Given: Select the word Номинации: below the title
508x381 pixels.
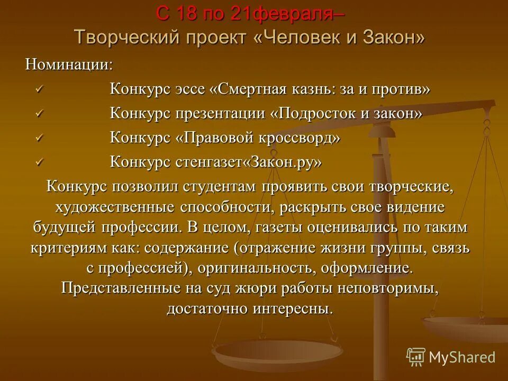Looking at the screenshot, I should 69,65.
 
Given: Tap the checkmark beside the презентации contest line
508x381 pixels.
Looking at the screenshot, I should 38,113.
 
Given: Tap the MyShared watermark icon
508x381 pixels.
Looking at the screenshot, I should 416,357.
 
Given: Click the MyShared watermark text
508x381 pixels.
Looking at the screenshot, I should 462,357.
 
